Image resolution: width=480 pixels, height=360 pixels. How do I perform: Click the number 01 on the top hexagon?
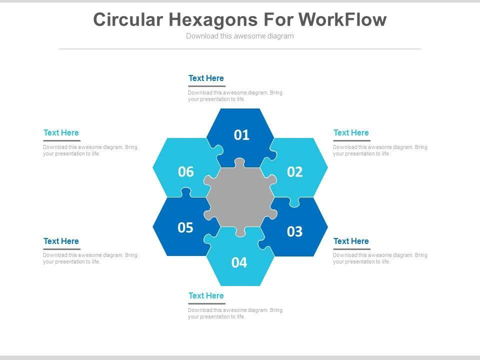click(241, 135)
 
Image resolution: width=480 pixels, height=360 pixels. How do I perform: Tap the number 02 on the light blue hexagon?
click(295, 172)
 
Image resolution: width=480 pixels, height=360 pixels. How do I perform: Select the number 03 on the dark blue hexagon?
click(295, 231)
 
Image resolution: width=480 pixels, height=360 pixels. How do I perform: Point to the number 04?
click(239, 262)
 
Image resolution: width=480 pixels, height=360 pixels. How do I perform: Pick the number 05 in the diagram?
click(185, 228)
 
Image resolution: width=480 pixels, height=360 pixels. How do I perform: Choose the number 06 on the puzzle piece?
click(185, 172)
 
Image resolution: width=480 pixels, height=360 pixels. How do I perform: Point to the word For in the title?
click(278, 20)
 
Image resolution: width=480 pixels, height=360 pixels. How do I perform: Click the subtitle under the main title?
click(240, 36)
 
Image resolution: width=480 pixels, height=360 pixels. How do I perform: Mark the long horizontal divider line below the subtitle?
click(240, 49)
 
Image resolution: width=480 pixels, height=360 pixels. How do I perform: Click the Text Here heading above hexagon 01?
click(206, 78)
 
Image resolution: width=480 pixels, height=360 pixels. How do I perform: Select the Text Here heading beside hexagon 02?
click(351, 133)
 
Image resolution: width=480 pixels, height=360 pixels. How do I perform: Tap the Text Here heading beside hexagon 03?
click(351, 241)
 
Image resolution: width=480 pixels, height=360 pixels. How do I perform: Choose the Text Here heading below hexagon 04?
click(206, 296)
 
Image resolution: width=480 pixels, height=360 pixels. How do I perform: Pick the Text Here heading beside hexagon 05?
click(61, 241)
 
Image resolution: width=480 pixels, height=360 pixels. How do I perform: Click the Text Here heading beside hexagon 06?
click(61, 133)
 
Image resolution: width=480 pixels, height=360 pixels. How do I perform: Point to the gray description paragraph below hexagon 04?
click(235, 313)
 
